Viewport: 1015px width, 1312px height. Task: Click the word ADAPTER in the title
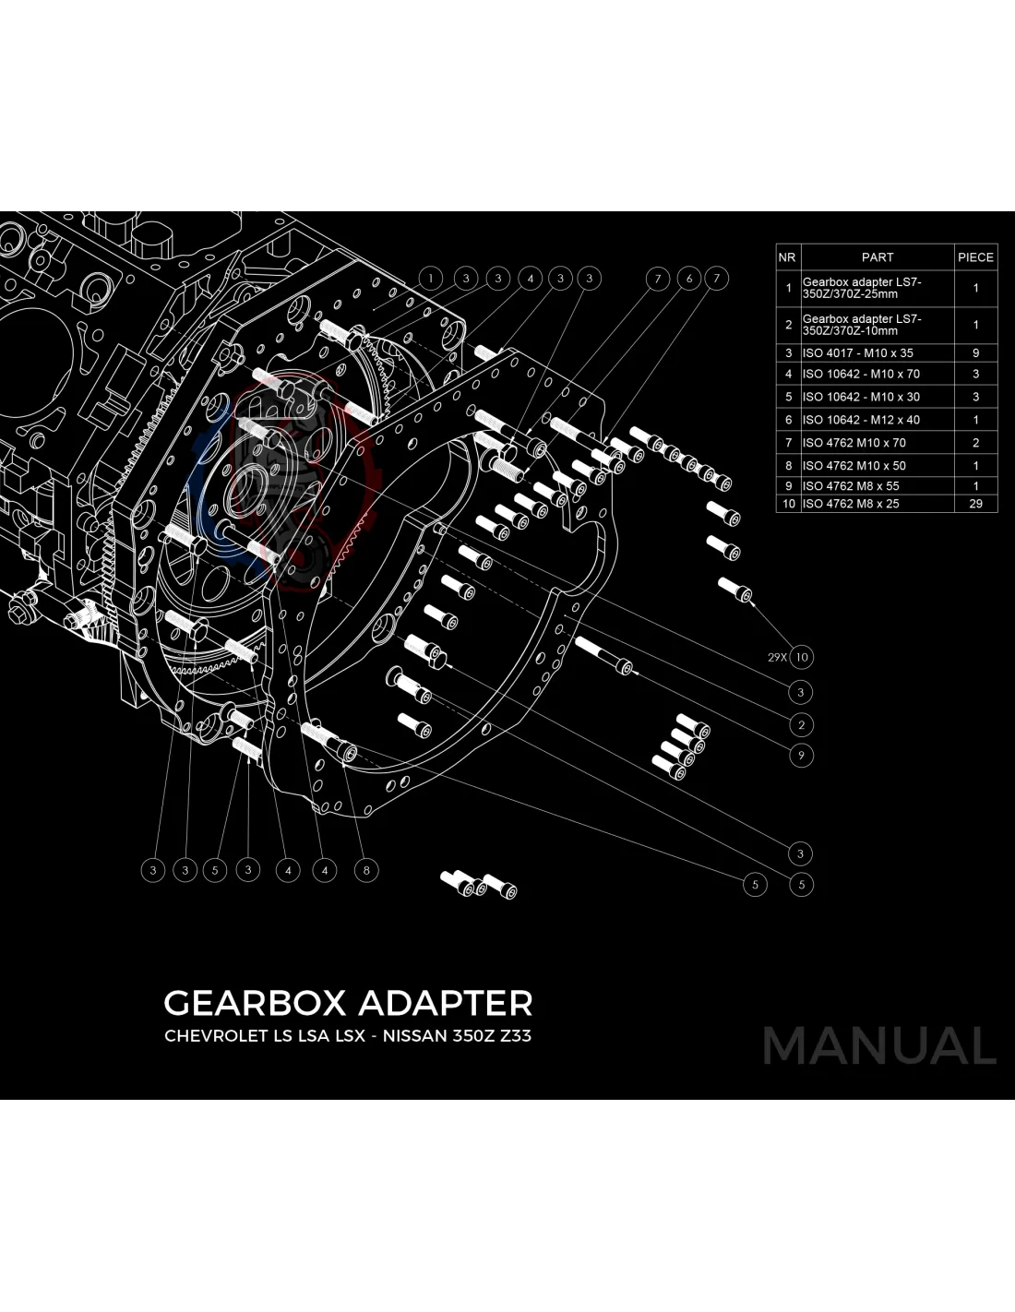(444, 1003)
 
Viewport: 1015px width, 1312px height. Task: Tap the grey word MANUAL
(878, 1046)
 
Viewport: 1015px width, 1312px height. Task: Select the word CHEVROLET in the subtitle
(215, 1035)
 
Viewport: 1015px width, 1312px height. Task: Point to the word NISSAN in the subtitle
(413, 1035)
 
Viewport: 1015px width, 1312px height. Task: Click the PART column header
(878, 257)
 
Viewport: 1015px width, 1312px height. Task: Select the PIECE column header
(975, 257)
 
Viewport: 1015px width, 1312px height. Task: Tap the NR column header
(787, 257)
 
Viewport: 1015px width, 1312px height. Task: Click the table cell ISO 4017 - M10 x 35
(857, 352)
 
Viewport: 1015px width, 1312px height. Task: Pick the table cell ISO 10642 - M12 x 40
(861, 420)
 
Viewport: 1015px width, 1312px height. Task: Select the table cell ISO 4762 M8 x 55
(851, 485)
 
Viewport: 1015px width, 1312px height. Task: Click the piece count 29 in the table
(975, 504)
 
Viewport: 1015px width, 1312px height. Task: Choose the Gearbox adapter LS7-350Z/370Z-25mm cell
(862, 288)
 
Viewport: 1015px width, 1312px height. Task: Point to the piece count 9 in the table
(975, 352)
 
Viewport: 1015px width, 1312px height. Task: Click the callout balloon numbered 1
(431, 278)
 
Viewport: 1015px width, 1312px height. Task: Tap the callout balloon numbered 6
(688, 278)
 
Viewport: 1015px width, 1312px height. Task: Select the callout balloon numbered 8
(366, 870)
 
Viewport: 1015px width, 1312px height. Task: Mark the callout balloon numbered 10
(802, 658)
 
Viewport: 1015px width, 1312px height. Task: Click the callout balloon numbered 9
(801, 756)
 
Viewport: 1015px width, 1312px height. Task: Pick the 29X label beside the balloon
(777, 658)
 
